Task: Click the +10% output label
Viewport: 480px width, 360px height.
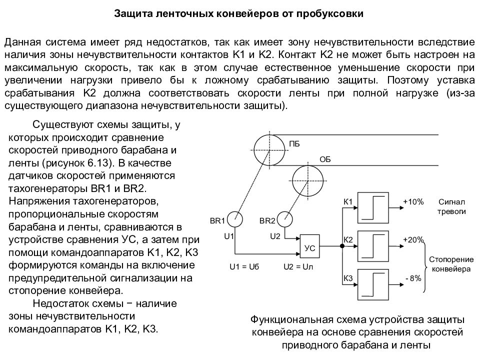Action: pos(413,201)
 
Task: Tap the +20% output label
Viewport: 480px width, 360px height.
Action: pos(413,239)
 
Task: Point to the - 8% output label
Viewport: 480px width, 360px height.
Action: pos(413,278)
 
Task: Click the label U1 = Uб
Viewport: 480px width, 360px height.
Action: pos(244,266)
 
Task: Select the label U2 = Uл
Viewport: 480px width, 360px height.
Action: pos(298,266)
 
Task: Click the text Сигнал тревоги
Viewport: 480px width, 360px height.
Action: pos(451,206)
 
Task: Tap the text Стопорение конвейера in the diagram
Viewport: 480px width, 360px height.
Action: pos(451,264)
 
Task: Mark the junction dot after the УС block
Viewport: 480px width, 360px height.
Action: pos(342,246)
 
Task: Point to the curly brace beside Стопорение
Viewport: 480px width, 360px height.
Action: pos(424,266)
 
